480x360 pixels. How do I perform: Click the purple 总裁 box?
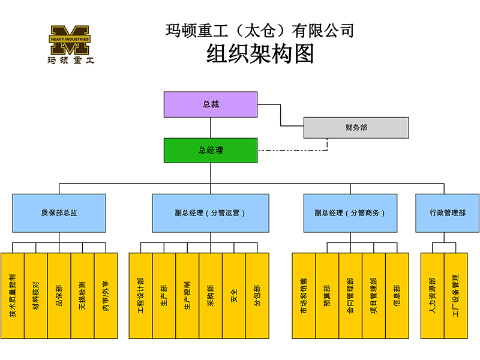211,104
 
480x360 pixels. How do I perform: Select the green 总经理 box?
211,150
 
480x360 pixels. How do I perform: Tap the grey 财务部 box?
356,127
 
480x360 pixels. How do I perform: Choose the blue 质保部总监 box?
59,212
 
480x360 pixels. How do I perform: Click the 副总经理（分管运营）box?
210,212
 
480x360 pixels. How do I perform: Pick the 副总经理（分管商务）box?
350,212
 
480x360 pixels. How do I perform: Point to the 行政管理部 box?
447,212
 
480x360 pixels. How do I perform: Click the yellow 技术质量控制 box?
13,296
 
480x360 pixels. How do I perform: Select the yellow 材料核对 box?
36,296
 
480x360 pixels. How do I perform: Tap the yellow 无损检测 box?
82,296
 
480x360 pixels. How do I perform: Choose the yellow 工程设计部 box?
140,296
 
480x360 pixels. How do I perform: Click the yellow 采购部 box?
211,296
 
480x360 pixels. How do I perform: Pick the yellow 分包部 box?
257,296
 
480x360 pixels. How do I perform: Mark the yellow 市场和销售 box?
304,296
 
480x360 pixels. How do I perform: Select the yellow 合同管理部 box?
350,296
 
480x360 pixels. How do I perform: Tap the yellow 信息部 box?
397,296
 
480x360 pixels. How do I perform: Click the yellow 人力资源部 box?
433,296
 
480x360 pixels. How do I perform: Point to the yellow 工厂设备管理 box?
455,296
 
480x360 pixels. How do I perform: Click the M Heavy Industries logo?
70,44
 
